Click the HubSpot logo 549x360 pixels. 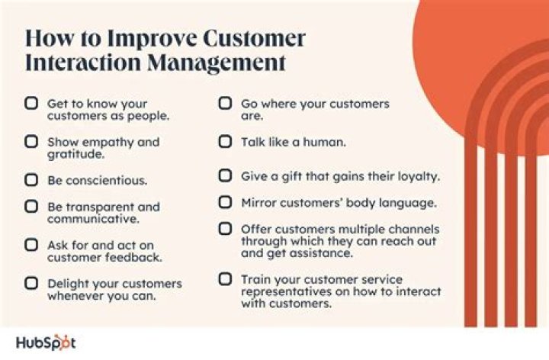click(46, 342)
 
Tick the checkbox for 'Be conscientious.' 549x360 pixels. click(31, 181)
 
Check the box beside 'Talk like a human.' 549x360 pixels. click(225, 142)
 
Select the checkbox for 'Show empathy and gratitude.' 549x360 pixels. click(31, 142)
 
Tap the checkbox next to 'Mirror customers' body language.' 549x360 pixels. click(225, 203)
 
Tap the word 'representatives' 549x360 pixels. click(288, 292)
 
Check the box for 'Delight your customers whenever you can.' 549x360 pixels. click(31, 284)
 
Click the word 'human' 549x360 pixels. click(324, 142)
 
